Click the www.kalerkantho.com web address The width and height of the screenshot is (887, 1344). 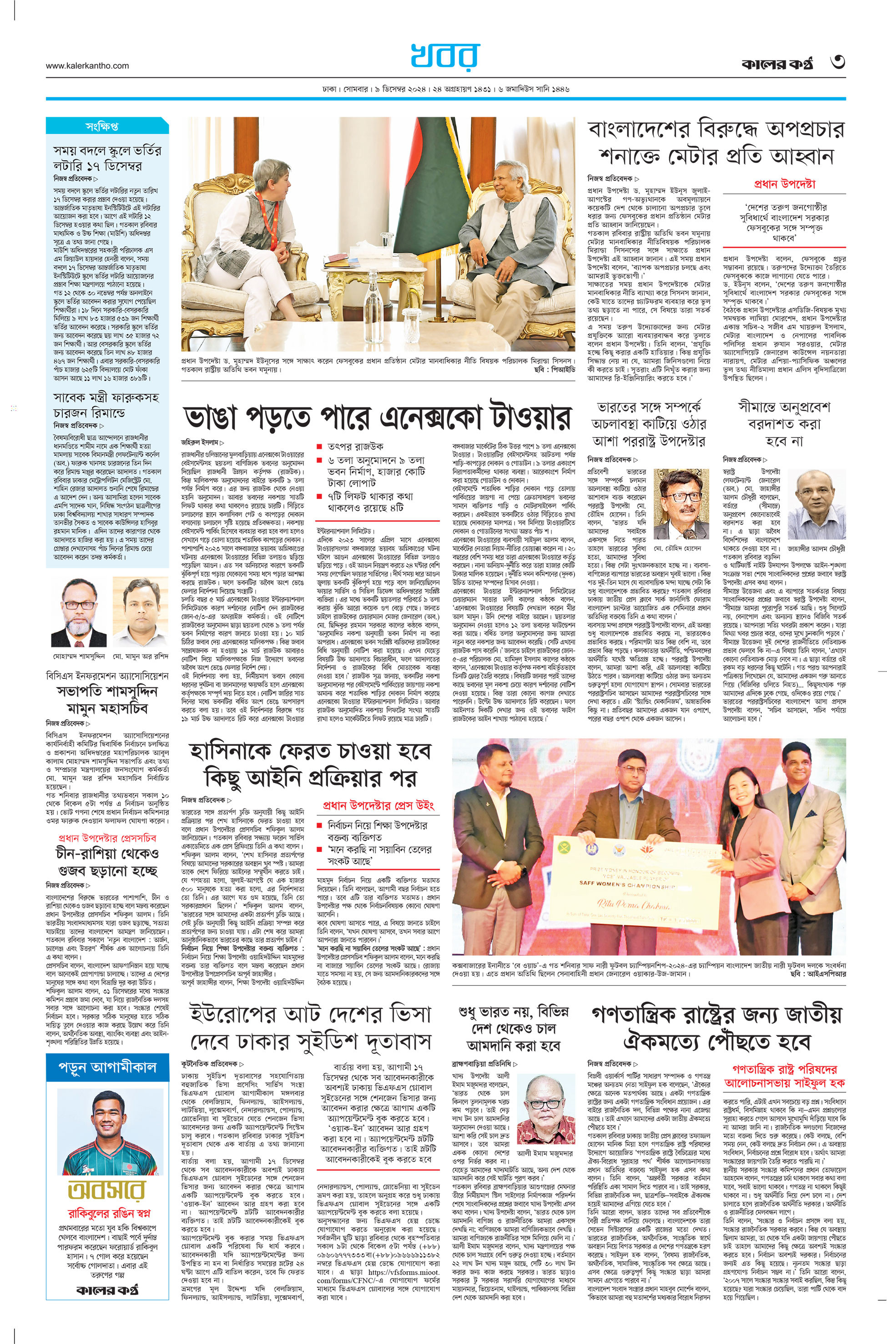click(87, 66)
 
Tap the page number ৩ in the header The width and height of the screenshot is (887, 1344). click(837, 62)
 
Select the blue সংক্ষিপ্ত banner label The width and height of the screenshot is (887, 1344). click(102, 126)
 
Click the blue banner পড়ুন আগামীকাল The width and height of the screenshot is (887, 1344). click(107, 1067)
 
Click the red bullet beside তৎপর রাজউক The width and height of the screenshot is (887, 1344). click(320, 447)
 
